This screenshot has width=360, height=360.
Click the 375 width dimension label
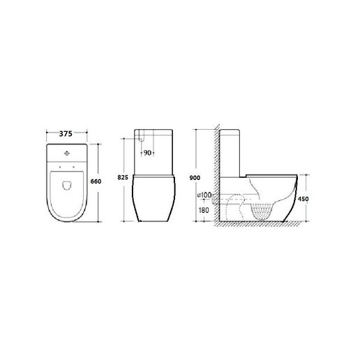pos(66,134)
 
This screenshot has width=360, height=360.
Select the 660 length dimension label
pos(96,181)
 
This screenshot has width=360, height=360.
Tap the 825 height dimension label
pos(123,177)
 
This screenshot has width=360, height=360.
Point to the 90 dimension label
pos(147,153)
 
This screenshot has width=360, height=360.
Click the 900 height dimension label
pos(195,178)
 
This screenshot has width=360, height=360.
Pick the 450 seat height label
pos(303,199)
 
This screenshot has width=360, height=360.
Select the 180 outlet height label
pos(204,210)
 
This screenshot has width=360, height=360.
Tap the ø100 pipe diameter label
pos(204,195)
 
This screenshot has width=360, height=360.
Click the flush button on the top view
pos(67,153)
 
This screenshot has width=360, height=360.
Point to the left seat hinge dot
pos(60,167)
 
